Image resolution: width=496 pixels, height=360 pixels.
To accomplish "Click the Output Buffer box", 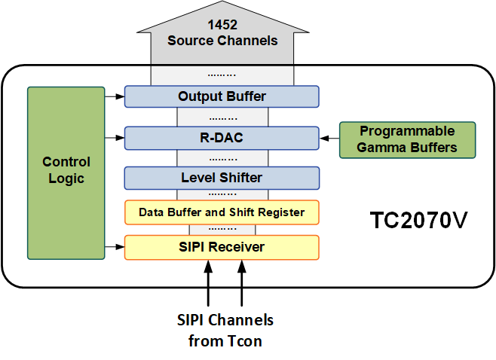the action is click(x=222, y=96).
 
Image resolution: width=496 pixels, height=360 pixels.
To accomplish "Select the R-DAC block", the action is click(x=222, y=138).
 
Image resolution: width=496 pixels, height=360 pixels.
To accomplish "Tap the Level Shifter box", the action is click(x=222, y=178).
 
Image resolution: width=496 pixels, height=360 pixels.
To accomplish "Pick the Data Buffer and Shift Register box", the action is click(x=222, y=212).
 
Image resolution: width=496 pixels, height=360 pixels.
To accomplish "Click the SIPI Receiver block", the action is click(x=222, y=247).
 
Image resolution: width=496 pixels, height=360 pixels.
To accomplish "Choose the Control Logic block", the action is click(x=66, y=173).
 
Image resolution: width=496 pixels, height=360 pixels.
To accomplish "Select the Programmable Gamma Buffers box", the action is click(x=407, y=139).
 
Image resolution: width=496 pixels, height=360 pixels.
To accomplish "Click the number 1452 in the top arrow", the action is click(x=222, y=25).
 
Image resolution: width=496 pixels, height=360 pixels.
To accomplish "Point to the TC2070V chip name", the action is click(x=418, y=221).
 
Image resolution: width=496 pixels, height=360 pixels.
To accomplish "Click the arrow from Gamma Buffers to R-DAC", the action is click(x=329, y=138).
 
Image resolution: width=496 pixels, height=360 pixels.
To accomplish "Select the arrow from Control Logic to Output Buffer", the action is click(x=115, y=96).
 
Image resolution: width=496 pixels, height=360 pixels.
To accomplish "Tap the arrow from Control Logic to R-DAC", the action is click(x=115, y=138).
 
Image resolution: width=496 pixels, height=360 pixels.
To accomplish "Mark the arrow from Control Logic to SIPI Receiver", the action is click(x=115, y=247).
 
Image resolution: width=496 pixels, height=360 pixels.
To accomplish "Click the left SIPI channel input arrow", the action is click(x=208, y=283).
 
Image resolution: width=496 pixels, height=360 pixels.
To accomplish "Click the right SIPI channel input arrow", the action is click(x=242, y=283).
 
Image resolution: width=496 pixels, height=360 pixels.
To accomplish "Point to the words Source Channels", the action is click(x=222, y=41).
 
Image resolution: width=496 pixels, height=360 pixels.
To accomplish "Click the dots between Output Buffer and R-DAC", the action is click(x=223, y=119).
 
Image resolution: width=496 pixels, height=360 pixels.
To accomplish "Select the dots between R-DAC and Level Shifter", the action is click(x=223, y=160).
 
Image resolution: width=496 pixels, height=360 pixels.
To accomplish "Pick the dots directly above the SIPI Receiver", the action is click(x=222, y=228).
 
